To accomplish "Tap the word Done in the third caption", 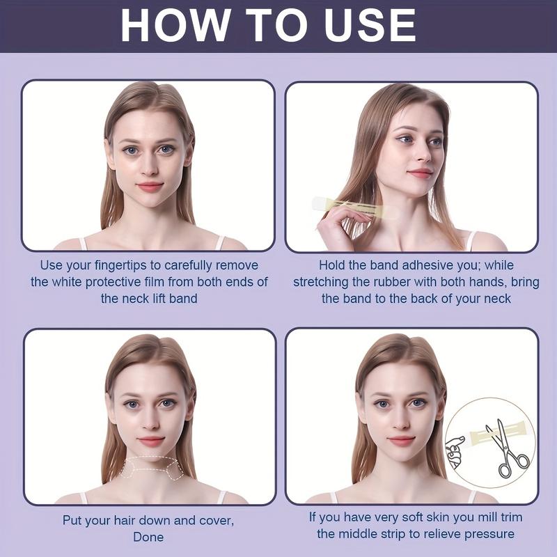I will tap(149, 537).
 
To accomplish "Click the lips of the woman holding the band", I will tap(420, 173).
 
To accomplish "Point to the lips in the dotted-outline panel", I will tap(150, 441).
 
